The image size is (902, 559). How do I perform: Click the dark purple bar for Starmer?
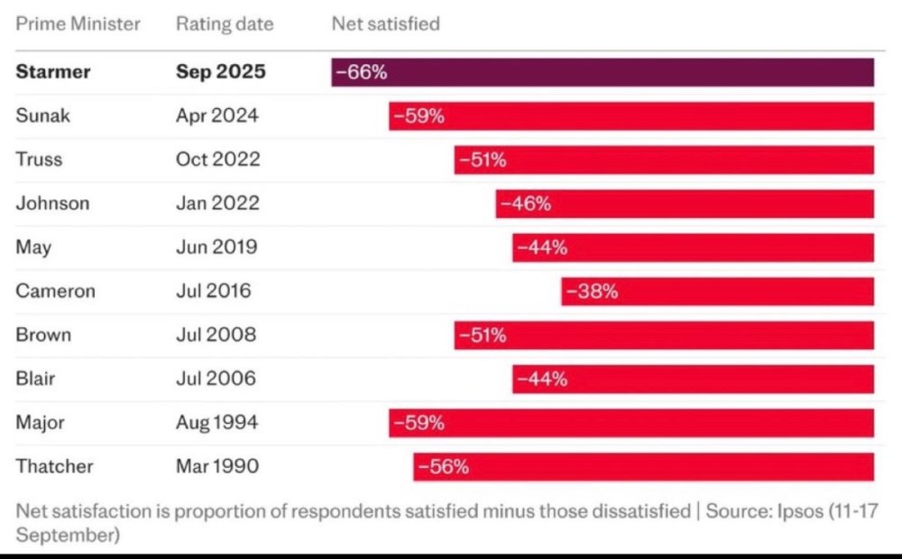[x=603, y=72]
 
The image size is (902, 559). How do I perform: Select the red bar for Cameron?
[x=717, y=291]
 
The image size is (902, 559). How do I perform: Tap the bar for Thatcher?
[x=643, y=467]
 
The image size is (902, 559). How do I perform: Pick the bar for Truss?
[x=664, y=160]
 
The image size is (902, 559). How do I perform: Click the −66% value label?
[x=361, y=72]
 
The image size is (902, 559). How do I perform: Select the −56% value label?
[x=443, y=467]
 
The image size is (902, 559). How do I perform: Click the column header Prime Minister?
[x=78, y=24]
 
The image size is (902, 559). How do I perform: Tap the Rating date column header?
[x=224, y=24]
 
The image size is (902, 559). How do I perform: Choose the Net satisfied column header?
[x=386, y=24]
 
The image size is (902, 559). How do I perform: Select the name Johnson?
[x=52, y=204]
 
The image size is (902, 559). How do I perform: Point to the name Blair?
[x=35, y=379]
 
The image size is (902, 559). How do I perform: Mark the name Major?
[x=40, y=423]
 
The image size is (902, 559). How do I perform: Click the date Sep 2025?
[x=221, y=72]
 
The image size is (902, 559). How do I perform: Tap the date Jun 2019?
[x=216, y=247]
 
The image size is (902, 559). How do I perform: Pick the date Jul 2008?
[x=216, y=335]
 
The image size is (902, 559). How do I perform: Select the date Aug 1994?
[x=216, y=423]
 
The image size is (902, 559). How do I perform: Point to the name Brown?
[x=43, y=335]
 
